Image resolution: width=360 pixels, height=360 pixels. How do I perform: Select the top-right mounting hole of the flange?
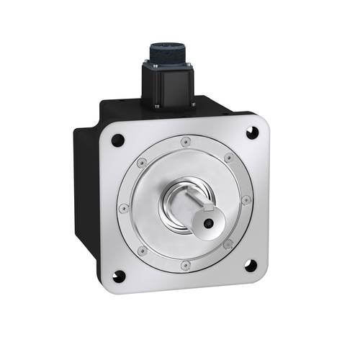tap(251, 132)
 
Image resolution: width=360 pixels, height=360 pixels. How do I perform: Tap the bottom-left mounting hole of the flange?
tap(120, 276)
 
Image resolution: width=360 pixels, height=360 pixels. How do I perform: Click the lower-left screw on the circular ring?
tap(143, 250)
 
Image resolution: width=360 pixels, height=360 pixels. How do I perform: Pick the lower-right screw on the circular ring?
tap(229, 245)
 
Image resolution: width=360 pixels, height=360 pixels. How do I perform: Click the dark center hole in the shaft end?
tap(207, 224)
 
